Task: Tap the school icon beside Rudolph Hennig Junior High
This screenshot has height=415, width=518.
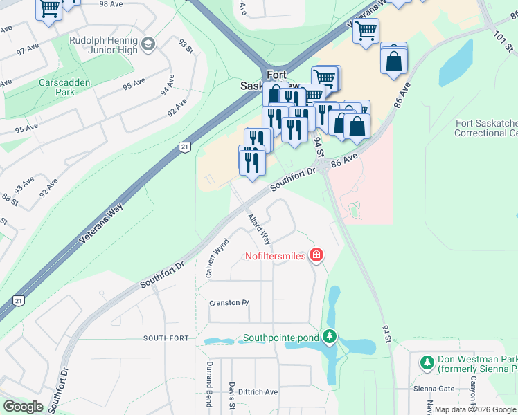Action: click(148, 45)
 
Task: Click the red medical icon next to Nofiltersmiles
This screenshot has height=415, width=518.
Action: click(316, 256)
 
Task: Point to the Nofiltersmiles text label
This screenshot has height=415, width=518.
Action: click(275, 256)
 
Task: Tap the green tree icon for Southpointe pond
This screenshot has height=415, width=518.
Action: click(330, 338)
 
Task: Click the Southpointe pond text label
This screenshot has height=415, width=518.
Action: click(280, 338)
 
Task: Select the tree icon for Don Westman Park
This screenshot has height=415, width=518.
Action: click(427, 362)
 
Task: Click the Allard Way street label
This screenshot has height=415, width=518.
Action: click(259, 229)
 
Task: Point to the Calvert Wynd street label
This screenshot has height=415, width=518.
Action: click(216, 259)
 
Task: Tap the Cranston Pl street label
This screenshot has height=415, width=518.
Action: click(229, 303)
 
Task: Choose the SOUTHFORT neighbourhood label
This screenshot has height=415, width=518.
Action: click(166, 338)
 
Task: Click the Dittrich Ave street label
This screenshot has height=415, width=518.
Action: click(258, 391)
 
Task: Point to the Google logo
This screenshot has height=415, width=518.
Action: click(24, 407)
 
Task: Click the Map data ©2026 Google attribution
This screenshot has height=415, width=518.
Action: click(475, 409)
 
